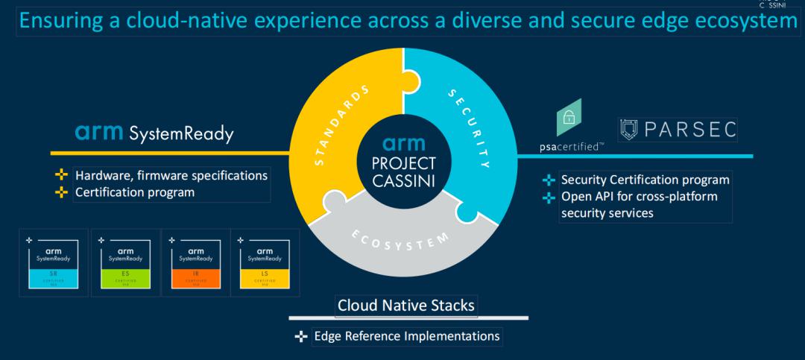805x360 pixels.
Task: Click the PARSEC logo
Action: pos(678,129)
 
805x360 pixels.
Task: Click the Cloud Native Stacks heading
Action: pos(405,305)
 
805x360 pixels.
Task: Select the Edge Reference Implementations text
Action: pos(407,336)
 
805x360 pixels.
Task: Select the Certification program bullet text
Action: pos(134,192)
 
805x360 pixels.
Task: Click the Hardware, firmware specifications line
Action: pos(171,176)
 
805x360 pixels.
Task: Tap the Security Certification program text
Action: pos(645,180)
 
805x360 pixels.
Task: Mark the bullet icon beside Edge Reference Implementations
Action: pos(301,337)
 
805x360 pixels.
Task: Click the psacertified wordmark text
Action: pos(572,147)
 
